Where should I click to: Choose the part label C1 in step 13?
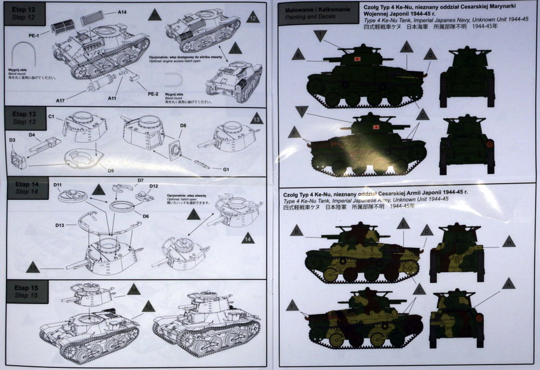tap(52, 117)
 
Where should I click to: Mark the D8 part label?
tap(184, 125)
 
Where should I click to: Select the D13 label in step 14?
tap(60, 225)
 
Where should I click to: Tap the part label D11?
tap(58, 185)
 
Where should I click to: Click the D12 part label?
tap(153, 186)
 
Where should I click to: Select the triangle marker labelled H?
tap(507, 242)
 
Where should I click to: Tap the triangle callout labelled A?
tap(507, 282)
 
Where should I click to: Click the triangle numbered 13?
tap(256, 118)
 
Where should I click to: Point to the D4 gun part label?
tap(32, 134)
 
